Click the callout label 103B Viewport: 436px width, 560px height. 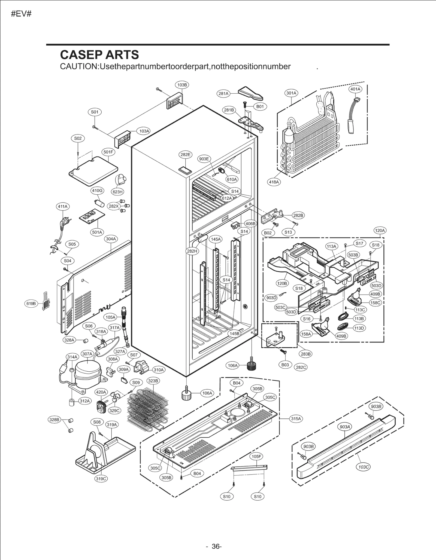tap(182, 85)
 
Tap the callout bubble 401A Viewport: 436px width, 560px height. tap(355, 89)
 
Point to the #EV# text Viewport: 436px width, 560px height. tap(21, 14)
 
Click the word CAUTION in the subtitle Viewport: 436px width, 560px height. tap(79, 67)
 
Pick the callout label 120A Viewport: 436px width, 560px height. tap(380, 231)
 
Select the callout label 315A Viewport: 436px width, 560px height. tap(296, 419)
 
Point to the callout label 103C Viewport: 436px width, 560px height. tap(364, 467)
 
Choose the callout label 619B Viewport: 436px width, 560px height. tap(31, 304)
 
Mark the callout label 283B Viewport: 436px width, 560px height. tap(305, 354)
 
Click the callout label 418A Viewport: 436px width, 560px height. tap(274, 182)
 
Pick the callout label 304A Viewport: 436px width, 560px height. tap(111, 239)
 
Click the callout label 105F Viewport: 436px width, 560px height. tap(256, 457)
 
